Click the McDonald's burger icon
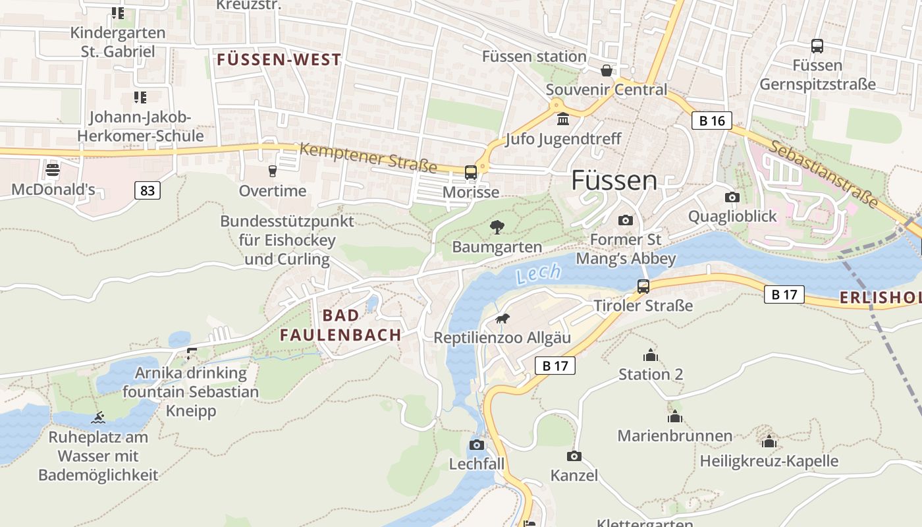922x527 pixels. pos(53,171)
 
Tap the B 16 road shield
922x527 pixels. pos(712,121)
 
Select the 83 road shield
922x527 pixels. pos(147,191)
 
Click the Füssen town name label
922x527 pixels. pos(614,180)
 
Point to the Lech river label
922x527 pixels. pos(539,273)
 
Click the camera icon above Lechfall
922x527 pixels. pos(477,445)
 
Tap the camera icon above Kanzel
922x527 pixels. pos(574,456)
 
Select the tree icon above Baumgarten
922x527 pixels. pos(497,228)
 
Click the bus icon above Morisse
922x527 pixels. pos(471,173)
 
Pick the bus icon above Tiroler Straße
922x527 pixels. pos(643,287)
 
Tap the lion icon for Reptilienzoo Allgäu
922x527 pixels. pos(502,319)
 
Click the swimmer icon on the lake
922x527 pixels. pos(98,418)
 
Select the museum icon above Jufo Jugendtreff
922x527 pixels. pos(563,120)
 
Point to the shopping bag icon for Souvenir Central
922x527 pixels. pos(607,70)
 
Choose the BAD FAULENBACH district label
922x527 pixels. pos(340,325)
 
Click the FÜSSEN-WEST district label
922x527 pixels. pos(279,60)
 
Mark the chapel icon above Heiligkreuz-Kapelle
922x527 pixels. pos(769,441)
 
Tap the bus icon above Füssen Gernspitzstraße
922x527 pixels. pos(817,46)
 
